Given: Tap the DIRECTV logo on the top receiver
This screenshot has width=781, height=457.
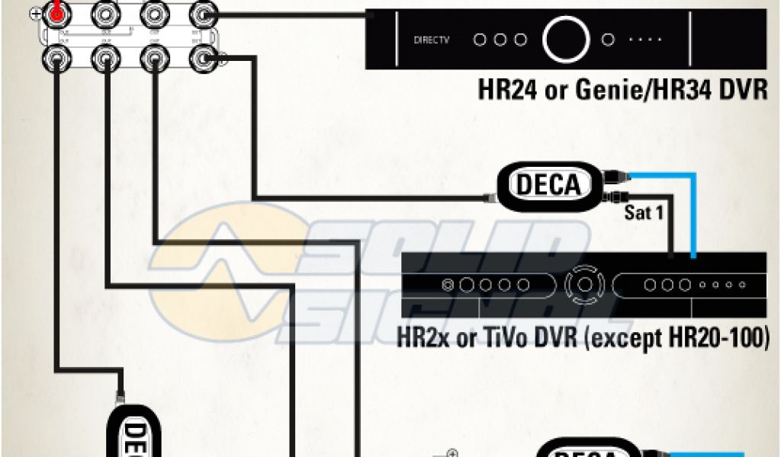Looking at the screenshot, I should pos(431,39).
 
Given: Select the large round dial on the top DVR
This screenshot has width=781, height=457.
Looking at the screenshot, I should pos(566,38).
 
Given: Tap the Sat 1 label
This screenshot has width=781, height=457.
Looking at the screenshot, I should pos(644,213).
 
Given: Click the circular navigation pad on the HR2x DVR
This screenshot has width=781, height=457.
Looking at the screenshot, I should pos(583,284).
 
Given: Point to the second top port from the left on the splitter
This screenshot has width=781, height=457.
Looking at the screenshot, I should pos(104,13).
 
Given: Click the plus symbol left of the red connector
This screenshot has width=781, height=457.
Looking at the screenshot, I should pos(35,13).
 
